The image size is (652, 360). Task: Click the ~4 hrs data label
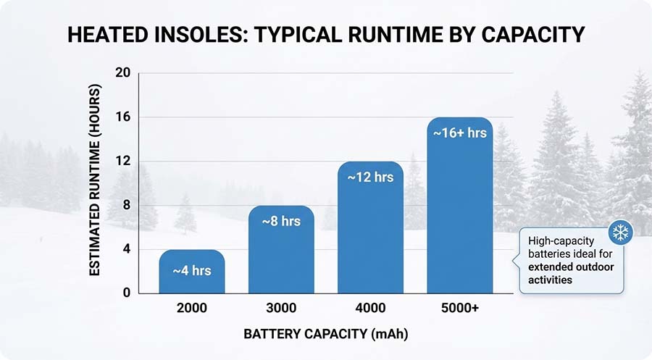pos(191,271)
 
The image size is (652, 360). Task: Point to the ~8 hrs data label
pos(281,221)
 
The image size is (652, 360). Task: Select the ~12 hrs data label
pos(370,177)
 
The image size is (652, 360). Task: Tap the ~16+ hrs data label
pos(459,133)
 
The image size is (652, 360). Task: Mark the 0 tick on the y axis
pos(126,293)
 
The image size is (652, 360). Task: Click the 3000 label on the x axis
pos(281,309)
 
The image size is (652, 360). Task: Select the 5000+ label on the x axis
pos(459,309)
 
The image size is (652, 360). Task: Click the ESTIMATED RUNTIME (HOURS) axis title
pos(94,180)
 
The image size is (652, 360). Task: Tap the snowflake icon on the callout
pos(621,233)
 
